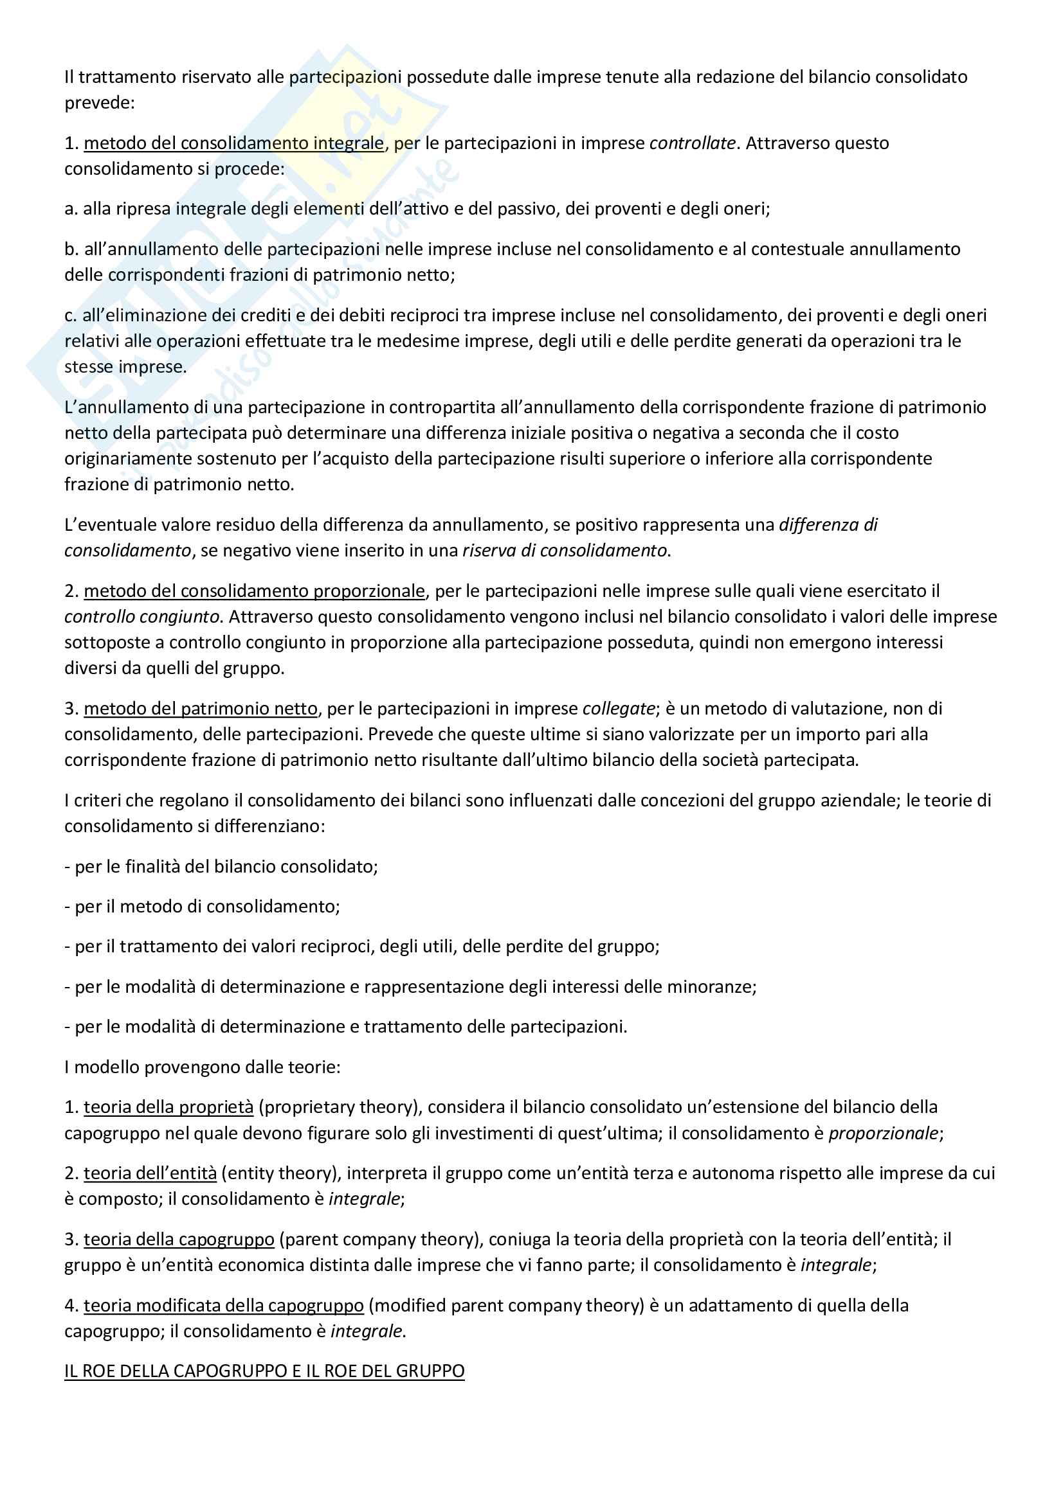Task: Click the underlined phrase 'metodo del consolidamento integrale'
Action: pos(234,143)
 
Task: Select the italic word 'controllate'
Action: pos(693,143)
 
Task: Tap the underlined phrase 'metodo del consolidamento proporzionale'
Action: pos(254,591)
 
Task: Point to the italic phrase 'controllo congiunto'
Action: pos(141,617)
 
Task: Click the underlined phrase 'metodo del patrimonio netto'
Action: pos(201,708)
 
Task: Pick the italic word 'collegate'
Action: pos(618,708)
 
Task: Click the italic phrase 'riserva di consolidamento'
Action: pos(565,551)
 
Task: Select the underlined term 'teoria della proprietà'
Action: pos(168,1107)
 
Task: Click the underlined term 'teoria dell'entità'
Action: pos(150,1173)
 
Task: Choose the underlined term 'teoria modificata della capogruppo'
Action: pos(223,1305)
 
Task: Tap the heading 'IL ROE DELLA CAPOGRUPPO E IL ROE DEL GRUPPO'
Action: pos(264,1371)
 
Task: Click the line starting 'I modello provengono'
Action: pos(202,1067)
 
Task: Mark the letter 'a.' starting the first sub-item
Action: pos(71,209)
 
